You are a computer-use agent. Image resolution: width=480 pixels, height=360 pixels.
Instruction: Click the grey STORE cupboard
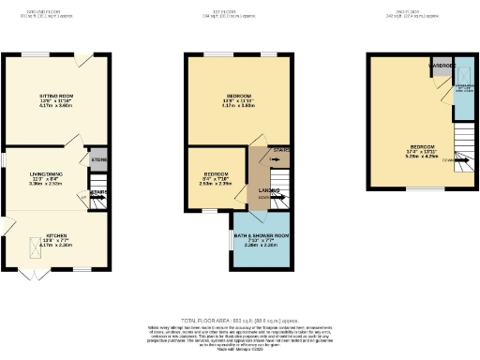[98, 159]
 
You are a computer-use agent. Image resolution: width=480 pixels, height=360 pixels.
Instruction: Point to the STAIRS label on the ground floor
[98, 193]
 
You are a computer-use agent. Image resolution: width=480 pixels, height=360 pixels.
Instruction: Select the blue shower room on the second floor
[462, 94]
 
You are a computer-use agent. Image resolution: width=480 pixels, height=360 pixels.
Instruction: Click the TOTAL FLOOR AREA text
[239, 320]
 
